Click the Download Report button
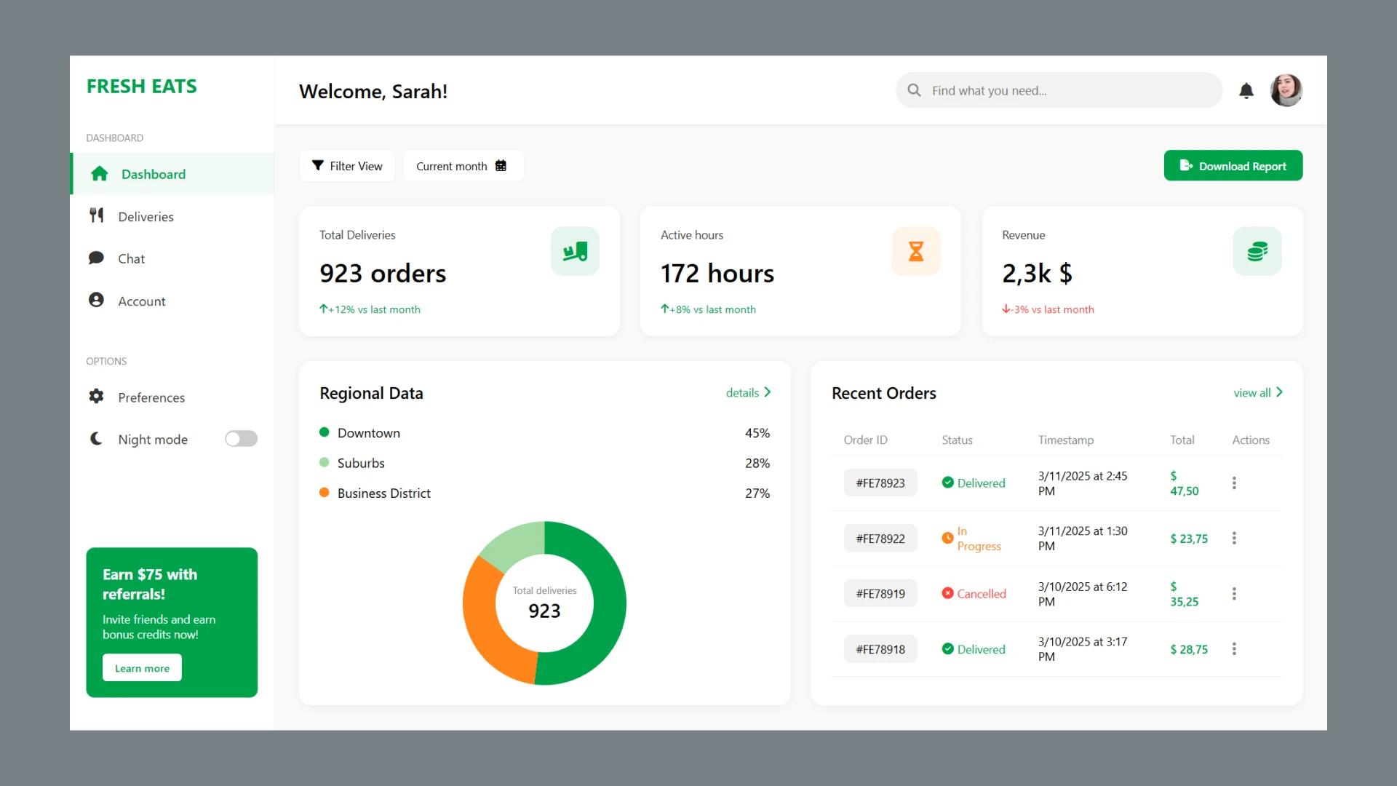1233,166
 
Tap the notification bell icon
1246,91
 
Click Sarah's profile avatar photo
1286,91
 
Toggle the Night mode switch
241,439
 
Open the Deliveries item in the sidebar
146,217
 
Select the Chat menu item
131,259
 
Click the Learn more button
142,668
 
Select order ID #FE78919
880,594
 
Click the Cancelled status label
981,594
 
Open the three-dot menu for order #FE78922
1234,539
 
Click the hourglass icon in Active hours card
916,252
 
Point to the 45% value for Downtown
757,433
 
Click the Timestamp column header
1065,440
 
